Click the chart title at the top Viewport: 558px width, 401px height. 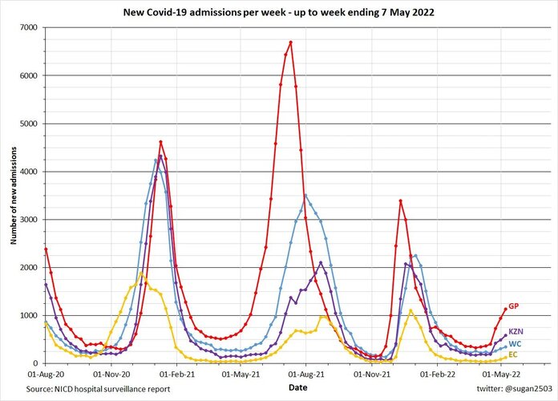click(279, 13)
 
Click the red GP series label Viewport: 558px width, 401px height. click(513, 306)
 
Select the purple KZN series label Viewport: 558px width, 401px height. click(516, 331)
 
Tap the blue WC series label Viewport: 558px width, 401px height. click(514, 343)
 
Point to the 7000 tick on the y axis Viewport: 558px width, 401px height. click(29, 27)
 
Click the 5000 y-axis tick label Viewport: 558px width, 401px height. click(29, 124)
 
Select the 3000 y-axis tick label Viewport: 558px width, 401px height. click(29, 219)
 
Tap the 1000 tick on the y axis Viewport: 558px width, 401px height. click(29, 315)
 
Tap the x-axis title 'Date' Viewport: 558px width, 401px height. click(297, 387)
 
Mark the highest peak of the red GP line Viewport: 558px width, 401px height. click(291, 42)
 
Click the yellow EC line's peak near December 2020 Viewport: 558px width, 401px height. click(142, 273)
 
